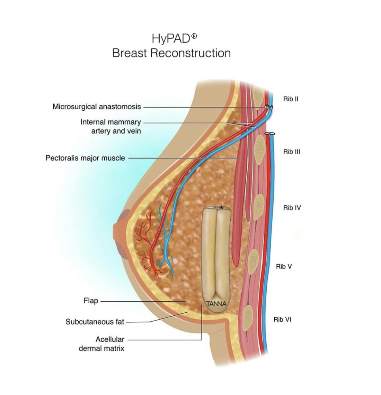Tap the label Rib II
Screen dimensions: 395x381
291,99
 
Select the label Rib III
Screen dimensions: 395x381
291,151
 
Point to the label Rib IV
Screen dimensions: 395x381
292,208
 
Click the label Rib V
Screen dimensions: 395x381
284,266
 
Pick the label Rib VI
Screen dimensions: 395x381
282,319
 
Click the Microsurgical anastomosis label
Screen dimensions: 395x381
97,107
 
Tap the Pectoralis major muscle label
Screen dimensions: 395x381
85,158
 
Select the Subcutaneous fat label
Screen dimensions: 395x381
95,322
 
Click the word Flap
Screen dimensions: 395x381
91,301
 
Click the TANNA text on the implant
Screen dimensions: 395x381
216,304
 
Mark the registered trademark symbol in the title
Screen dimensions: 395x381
194,36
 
